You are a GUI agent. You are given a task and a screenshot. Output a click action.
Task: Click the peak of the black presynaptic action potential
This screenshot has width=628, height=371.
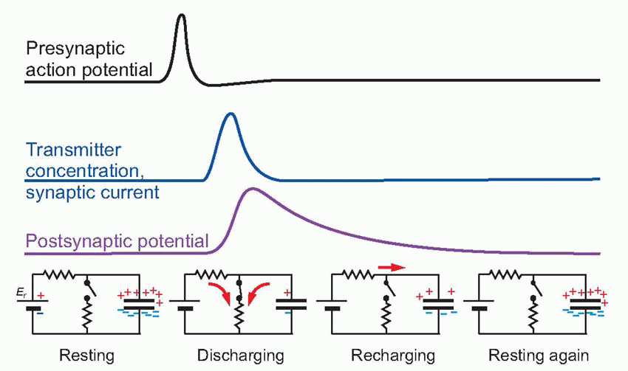tap(181, 15)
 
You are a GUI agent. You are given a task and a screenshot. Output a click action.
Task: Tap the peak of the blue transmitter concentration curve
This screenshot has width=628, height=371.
tap(231, 114)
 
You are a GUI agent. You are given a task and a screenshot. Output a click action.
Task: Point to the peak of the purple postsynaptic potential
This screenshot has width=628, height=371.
tap(252, 189)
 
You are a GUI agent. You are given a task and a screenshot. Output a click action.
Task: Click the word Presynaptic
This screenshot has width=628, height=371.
tap(76, 49)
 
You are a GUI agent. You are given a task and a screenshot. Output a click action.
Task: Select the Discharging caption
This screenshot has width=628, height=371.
tap(241, 356)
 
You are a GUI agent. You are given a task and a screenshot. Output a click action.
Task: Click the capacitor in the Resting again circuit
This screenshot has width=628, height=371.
tap(585, 303)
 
